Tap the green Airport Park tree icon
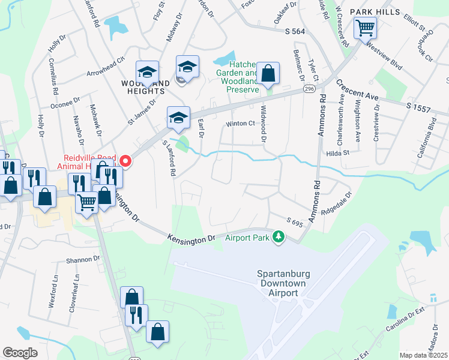(x=278, y=237)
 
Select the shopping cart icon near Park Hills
(x=365, y=28)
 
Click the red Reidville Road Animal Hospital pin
(x=125, y=160)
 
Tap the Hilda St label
(x=338, y=152)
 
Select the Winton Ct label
(x=241, y=124)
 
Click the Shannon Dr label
(x=83, y=259)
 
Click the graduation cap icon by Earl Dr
(x=178, y=118)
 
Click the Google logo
(x=20, y=353)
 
